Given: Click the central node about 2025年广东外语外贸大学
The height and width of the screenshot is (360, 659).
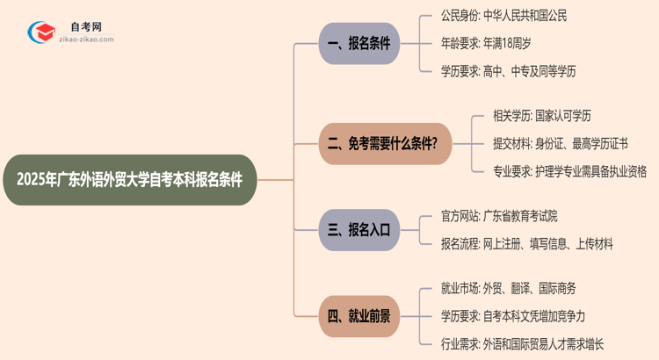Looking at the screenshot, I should pyautogui.click(x=129, y=180).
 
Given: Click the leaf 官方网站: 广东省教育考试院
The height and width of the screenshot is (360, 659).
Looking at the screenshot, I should pyautogui.click(x=498, y=216).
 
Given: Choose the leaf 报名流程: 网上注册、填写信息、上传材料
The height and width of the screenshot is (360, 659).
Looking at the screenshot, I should pyautogui.click(x=526, y=244).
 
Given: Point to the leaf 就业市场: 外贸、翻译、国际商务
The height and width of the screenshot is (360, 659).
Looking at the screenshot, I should pyautogui.click(x=508, y=288).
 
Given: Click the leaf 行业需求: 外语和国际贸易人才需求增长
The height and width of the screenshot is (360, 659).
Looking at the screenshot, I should pyautogui.click(x=522, y=344).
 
